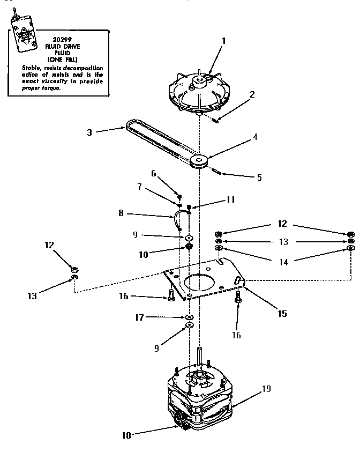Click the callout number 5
tap(259, 177)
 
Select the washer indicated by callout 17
tap(189, 317)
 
